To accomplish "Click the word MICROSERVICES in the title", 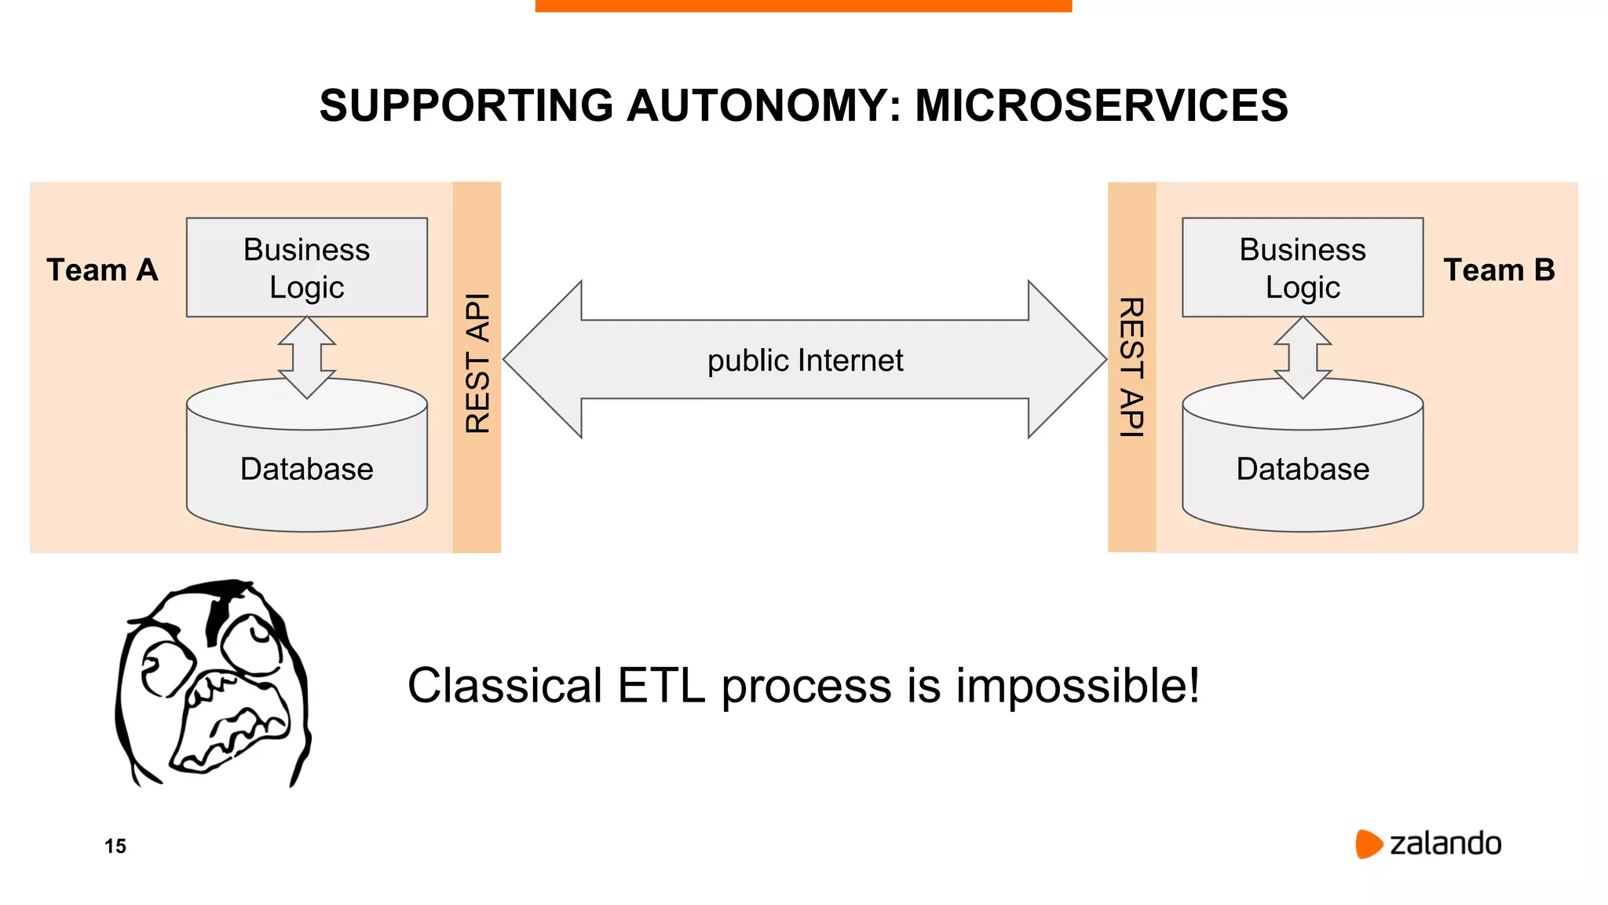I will [x=1101, y=105].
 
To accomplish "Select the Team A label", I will [x=102, y=270].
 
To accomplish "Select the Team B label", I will [x=1499, y=270].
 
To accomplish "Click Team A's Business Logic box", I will [x=307, y=267].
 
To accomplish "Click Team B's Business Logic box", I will [x=1303, y=267].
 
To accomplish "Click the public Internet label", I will [x=805, y=361].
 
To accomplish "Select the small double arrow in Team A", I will [x=307, y=357].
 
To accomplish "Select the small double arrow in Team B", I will [x=1303, y=357].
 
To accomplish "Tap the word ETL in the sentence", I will [x=661, y=686].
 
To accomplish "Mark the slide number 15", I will [x=115, y=846].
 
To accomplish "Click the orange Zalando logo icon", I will [x=1368, y=844].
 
